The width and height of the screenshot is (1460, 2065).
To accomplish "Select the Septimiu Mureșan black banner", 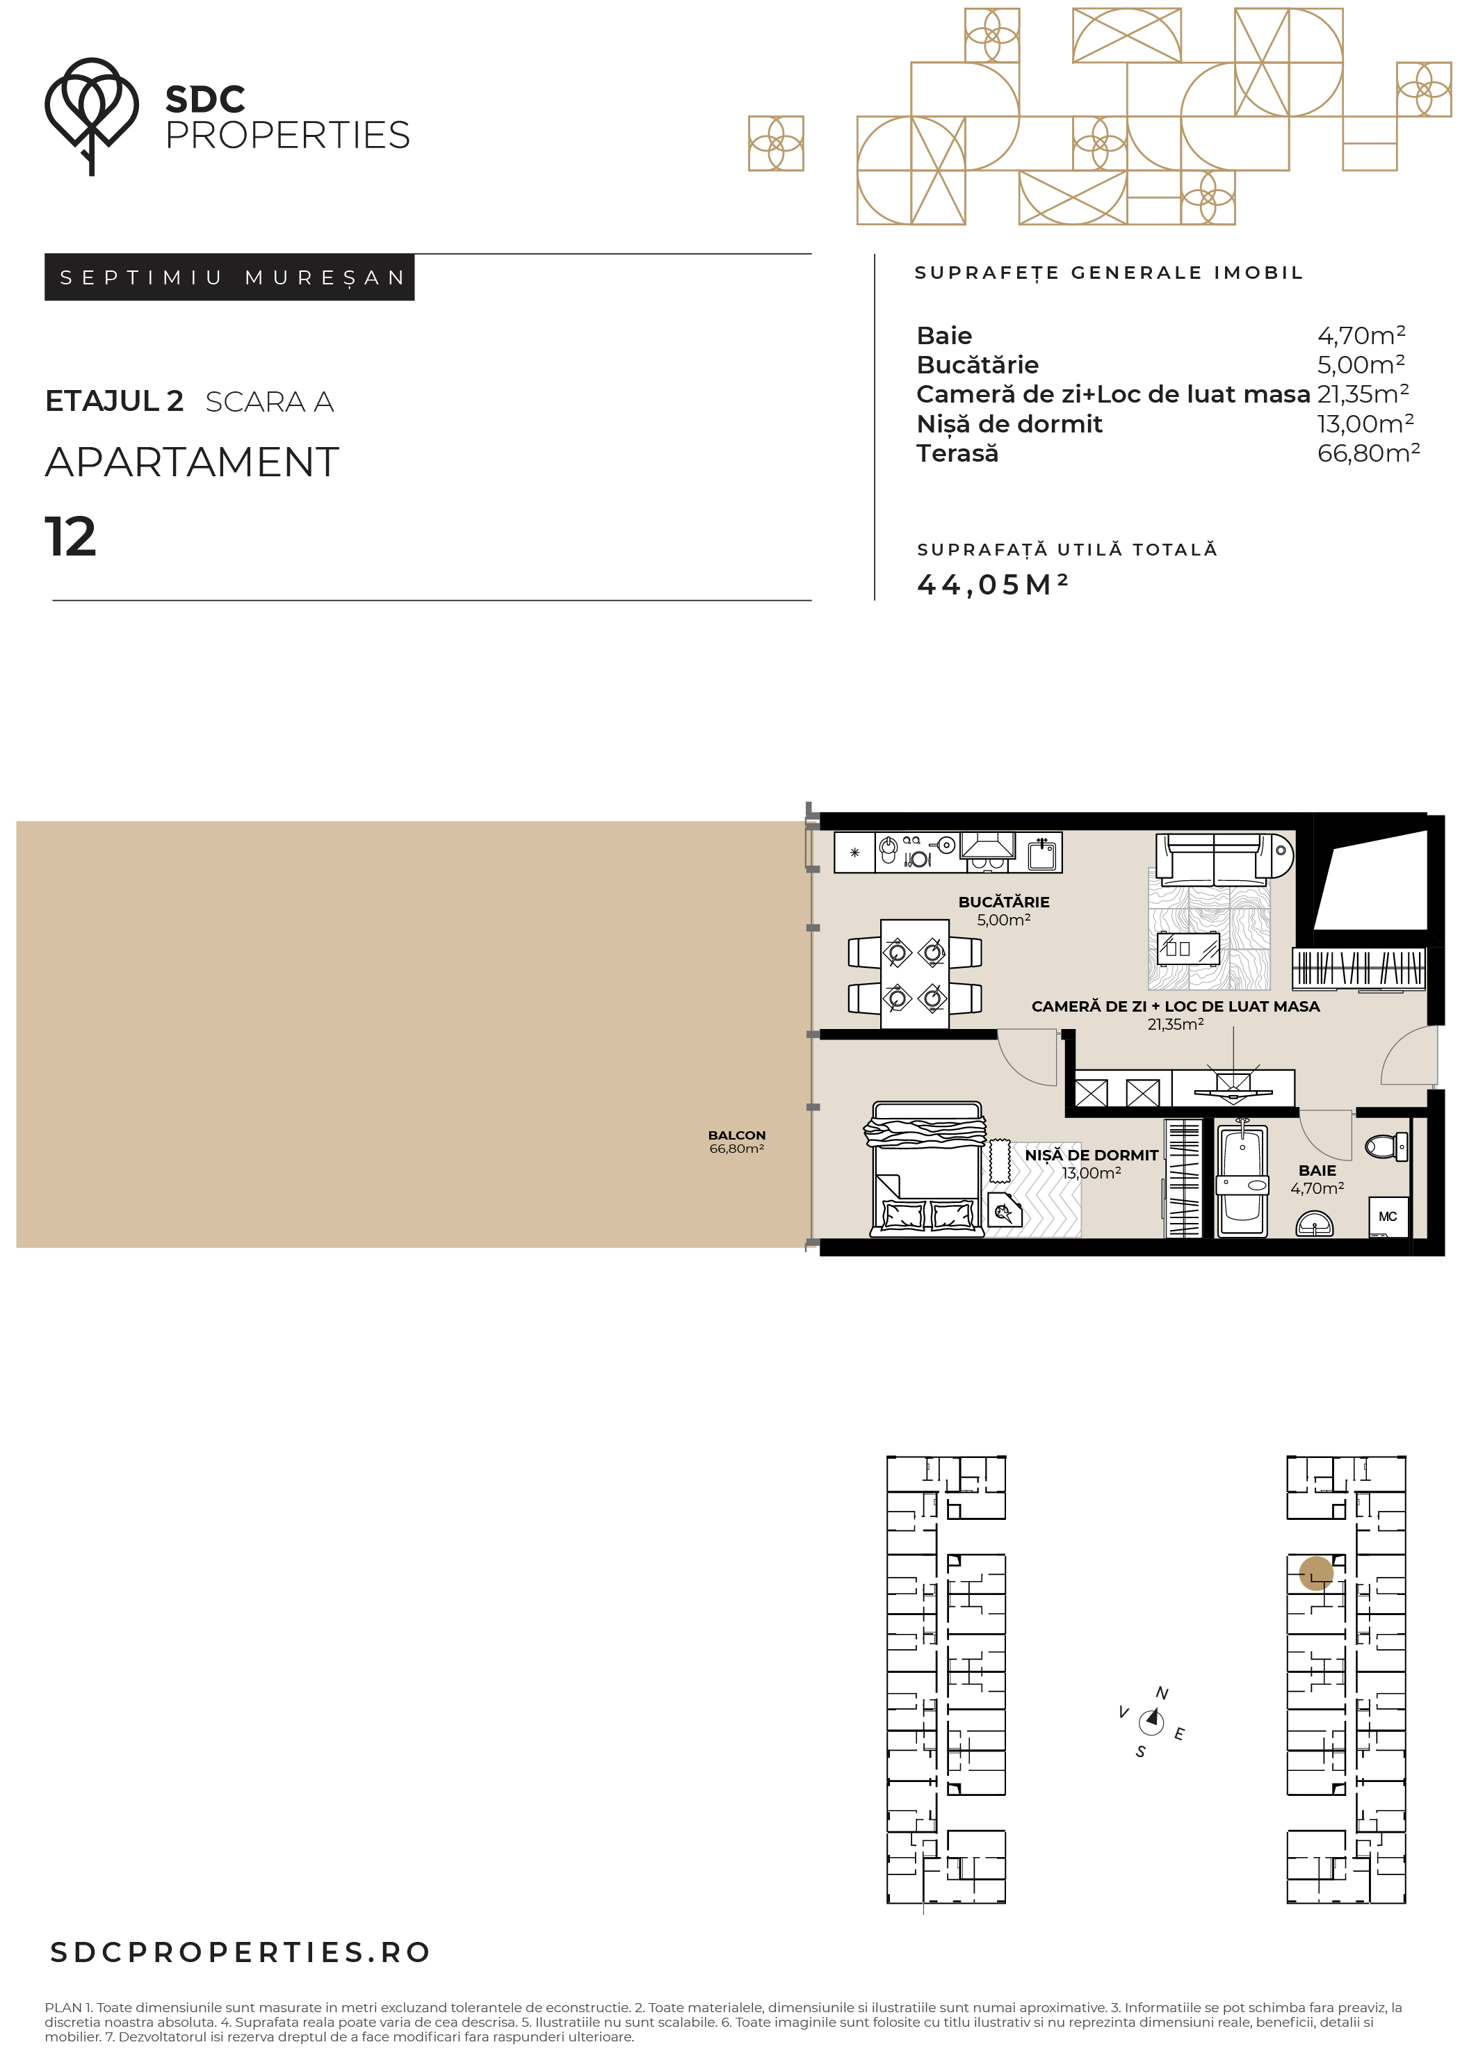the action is (x=229, y=277).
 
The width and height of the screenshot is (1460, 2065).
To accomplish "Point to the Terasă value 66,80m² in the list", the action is (x=1368, y=453).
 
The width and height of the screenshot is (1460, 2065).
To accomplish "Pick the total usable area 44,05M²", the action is (x=992, y=585).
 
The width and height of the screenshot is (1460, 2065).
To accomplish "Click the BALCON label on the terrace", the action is (x=737, y=1135).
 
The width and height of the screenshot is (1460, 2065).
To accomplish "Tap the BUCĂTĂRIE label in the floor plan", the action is (x=1004, y=901).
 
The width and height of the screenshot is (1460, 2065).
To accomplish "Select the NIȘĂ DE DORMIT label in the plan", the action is (x=1092, y=1155).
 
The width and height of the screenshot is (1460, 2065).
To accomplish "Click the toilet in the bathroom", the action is (x=1386, y=1147).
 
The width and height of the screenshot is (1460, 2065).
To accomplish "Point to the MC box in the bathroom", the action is (x=1388, y=1217).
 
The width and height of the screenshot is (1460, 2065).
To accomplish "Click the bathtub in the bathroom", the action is (x=1242, y=1179).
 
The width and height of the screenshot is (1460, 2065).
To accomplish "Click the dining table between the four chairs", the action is (x=915, y=973).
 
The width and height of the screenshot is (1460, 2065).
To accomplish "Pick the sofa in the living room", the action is (x=1224, y=855).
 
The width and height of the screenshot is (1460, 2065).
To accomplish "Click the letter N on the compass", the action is (x=1162, y=1694).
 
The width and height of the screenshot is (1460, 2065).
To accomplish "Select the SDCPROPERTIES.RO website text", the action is (x=240, y=1952).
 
